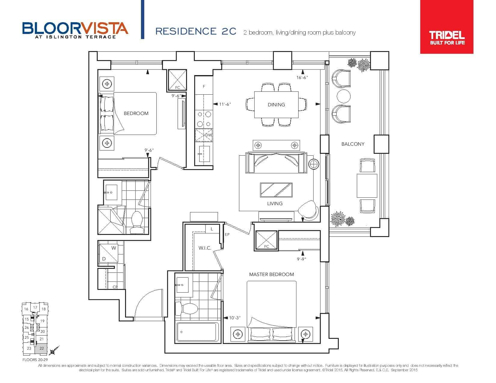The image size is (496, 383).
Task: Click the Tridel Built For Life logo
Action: (x=447, y=27)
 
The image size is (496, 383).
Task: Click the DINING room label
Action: (x=276, y=105)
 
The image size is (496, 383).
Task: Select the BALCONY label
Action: (x=353, y=144)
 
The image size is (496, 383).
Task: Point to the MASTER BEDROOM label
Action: (x=271, y=275)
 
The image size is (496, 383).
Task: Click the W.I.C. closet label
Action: (x=205, y=248)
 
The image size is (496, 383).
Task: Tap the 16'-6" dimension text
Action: (x=302, y=78)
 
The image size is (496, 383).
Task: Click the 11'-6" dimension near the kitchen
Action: (x=225, y=104)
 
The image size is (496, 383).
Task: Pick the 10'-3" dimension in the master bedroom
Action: (x=235, y=318)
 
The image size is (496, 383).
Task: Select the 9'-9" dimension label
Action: (x=301, y=259)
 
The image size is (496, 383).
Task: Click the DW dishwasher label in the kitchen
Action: (x=208, y=135)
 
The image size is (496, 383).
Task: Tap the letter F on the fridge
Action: (x=204, y=87)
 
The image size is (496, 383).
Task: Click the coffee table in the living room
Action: (x=276, y=190)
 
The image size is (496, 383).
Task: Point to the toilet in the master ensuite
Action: (x=186, y=309)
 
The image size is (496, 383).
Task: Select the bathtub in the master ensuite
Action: (x=197, y=332)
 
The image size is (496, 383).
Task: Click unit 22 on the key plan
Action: (x=41, y=348)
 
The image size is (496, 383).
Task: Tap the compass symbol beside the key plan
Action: (x=54, y=351)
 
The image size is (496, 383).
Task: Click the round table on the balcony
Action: (x=343, y=96)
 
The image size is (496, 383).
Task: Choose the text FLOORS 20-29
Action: (x=35, y=360)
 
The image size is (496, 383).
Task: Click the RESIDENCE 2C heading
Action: (x=196, y=32)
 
